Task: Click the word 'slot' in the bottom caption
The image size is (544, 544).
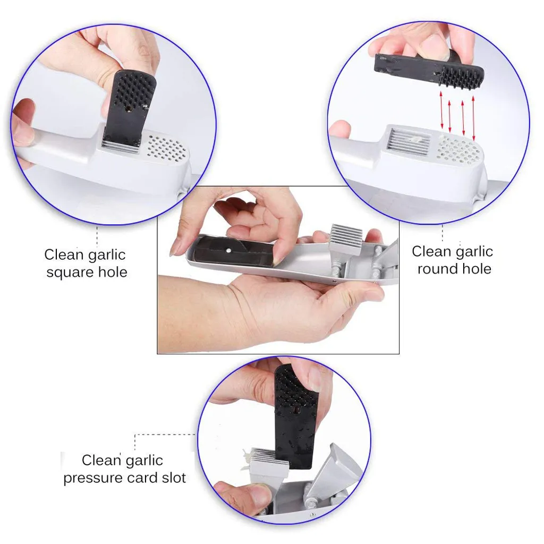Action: tap(174, 478)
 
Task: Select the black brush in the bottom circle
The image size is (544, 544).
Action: tap(296, 416)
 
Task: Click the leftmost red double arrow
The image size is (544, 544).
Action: tap(441, 110)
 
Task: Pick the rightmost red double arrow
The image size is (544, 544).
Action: tap(473, 118)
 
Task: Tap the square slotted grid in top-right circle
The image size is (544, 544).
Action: tap(409, 142)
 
